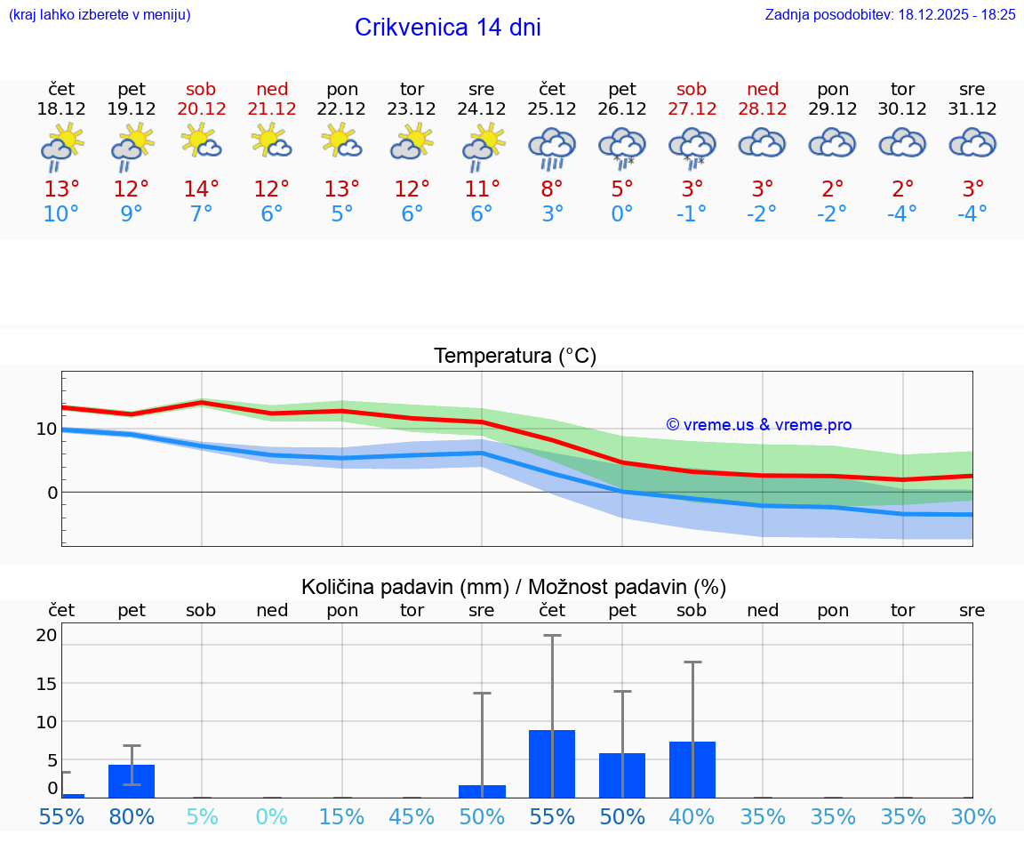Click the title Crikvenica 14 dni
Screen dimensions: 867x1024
(447, 28)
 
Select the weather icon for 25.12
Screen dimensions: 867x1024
(552, 148)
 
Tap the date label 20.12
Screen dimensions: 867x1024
(201, 108)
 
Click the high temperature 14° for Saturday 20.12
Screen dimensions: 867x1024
(201, 189)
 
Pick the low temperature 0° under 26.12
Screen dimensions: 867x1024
(621, 214)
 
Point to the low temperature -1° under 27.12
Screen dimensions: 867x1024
(692, 214)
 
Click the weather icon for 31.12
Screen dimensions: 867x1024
(972, 143)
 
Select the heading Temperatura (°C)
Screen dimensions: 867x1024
(515, 357)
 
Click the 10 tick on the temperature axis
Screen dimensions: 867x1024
(46, 429)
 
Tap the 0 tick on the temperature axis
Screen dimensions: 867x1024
(52, 493)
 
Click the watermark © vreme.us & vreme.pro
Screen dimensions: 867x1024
(758, 425)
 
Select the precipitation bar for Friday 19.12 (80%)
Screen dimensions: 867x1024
(132, 781)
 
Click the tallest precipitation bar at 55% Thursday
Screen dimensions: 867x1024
(552, 764)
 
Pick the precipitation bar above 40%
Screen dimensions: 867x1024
(692, 769)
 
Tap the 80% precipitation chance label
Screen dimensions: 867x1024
(132, 816)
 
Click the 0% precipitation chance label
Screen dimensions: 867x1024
(272, 816)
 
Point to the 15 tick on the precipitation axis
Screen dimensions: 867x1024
(46, 683)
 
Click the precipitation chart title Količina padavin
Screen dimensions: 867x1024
(404, 587)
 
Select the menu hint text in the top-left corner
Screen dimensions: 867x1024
(100, 14)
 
